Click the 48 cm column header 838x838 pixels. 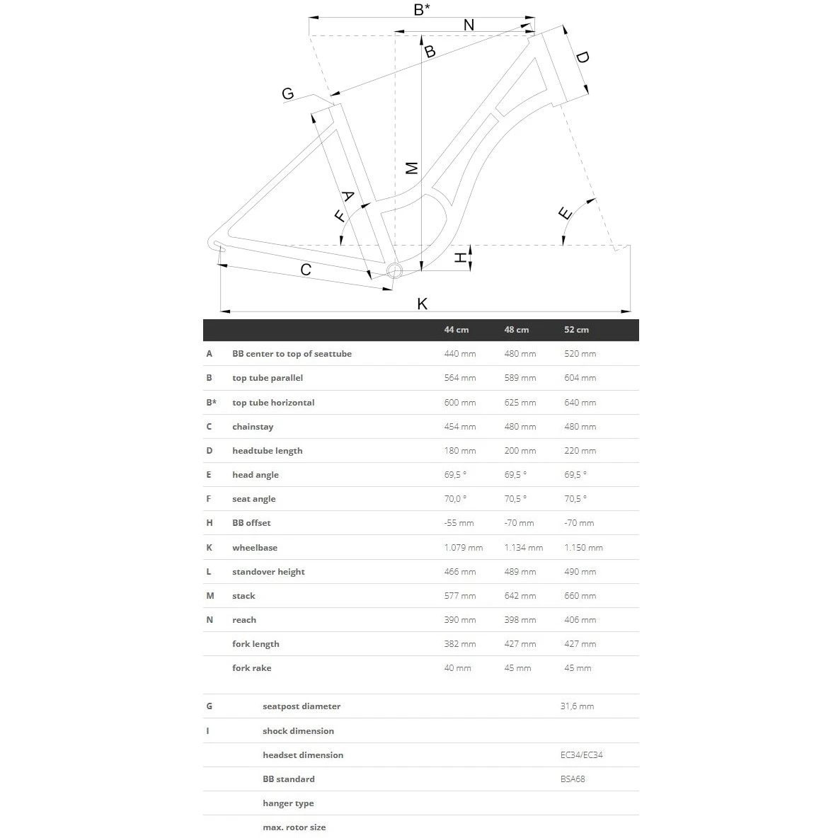[516, 330]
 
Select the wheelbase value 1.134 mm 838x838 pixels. [523, 548]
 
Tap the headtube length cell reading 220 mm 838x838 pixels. [580, 451]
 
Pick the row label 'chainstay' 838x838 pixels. [253, 427]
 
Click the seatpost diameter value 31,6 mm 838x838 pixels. [577, 706]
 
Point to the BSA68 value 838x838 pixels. [573, 779]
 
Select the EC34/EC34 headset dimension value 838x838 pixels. [581, 755]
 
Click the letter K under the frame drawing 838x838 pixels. [423, 304]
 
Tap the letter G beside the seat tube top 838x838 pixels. [287, 93]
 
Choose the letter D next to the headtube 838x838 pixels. [582, 57]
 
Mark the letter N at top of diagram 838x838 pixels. [469, 25]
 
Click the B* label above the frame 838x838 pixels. [422, 9]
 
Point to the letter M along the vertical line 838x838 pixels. [412, 168]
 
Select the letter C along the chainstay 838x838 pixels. [306, 269]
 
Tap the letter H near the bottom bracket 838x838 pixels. [461, 258]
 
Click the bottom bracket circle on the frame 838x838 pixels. [394, 270]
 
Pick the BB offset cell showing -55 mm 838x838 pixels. [459, 523]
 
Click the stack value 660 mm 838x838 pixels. [580, 596]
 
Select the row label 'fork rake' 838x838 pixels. [251, 668]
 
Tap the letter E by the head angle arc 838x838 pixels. [565, 213]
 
